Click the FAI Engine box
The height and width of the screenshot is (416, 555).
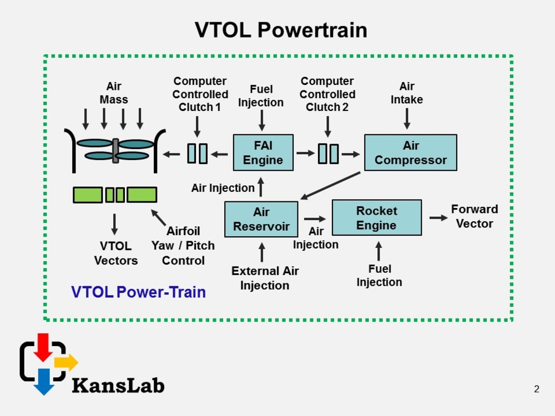coord(263,153)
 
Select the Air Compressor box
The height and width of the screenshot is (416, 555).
coord(410,153)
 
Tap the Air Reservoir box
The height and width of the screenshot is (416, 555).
coord(261,219)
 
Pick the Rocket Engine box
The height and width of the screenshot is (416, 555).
coord(376,218)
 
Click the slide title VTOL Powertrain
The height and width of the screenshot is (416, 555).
coord(281,30)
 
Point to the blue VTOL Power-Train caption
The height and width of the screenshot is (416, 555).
coord(138,292)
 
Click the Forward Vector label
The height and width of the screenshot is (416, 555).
coord(474,216)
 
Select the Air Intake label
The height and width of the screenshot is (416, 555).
coord(407,93)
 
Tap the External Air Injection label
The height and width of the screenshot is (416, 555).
coord(265,278)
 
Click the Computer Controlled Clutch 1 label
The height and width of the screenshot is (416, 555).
coord(200,94)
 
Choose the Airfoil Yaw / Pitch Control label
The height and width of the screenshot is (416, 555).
coord(183,246)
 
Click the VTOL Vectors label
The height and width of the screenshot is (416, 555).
coord(115,253)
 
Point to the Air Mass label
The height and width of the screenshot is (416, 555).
coord(114,93)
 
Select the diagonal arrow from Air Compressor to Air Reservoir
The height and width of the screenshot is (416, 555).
coord(330,185)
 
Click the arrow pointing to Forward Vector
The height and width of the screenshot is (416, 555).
coord(438,218)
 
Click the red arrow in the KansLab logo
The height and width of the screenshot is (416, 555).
coord(42,346)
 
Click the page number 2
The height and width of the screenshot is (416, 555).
coord(536,389)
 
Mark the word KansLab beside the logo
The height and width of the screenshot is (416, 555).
coord(118,384)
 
